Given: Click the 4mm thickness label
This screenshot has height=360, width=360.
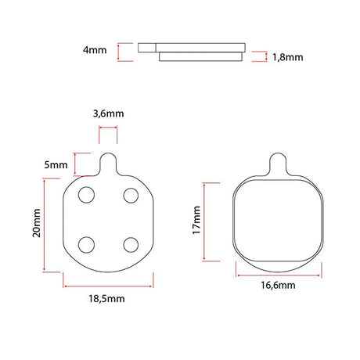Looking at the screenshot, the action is pos(95,50).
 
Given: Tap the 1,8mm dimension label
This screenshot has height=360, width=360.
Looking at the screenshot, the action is pos(288,57).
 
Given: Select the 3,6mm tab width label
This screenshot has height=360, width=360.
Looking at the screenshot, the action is pos(108,113).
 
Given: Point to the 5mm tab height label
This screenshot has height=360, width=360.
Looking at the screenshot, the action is pos(56,165).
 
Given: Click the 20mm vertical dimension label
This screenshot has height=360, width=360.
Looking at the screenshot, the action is pos(37,223).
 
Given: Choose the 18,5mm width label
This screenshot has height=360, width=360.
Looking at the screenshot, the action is pos(106,299).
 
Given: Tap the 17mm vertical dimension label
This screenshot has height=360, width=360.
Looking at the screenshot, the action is pos(196,220).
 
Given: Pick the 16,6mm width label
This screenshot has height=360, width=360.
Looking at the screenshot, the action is pos(278,285).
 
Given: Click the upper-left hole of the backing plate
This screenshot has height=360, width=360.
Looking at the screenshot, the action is pos(86,195).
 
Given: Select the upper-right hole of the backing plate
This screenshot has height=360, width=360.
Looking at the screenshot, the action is pos(131,196).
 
